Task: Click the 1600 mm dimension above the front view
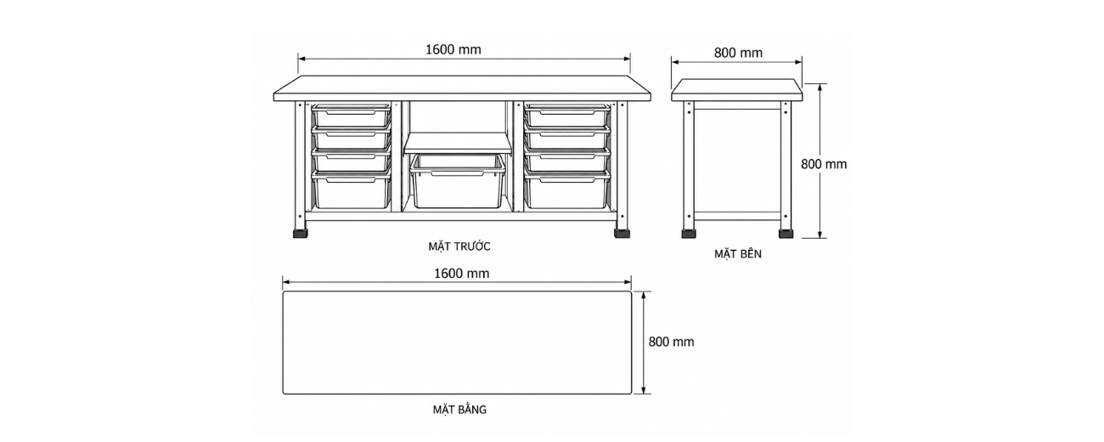tap(453, 50)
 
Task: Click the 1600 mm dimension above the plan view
tap(461, 274)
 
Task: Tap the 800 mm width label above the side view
tap(738, 53)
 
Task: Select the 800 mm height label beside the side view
tap(824, 164)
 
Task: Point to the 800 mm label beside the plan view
tap(671, 342)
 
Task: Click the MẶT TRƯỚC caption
tap(459, 246)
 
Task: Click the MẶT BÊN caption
tap(738, 254)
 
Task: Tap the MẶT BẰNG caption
tap(459, 410)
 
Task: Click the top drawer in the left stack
tap(352, 115)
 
